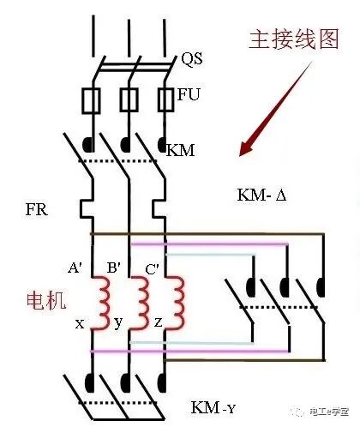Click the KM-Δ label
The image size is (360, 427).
(266, 195)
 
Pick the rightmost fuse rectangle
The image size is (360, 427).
(166, 101)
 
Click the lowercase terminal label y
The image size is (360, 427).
(118, 324)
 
